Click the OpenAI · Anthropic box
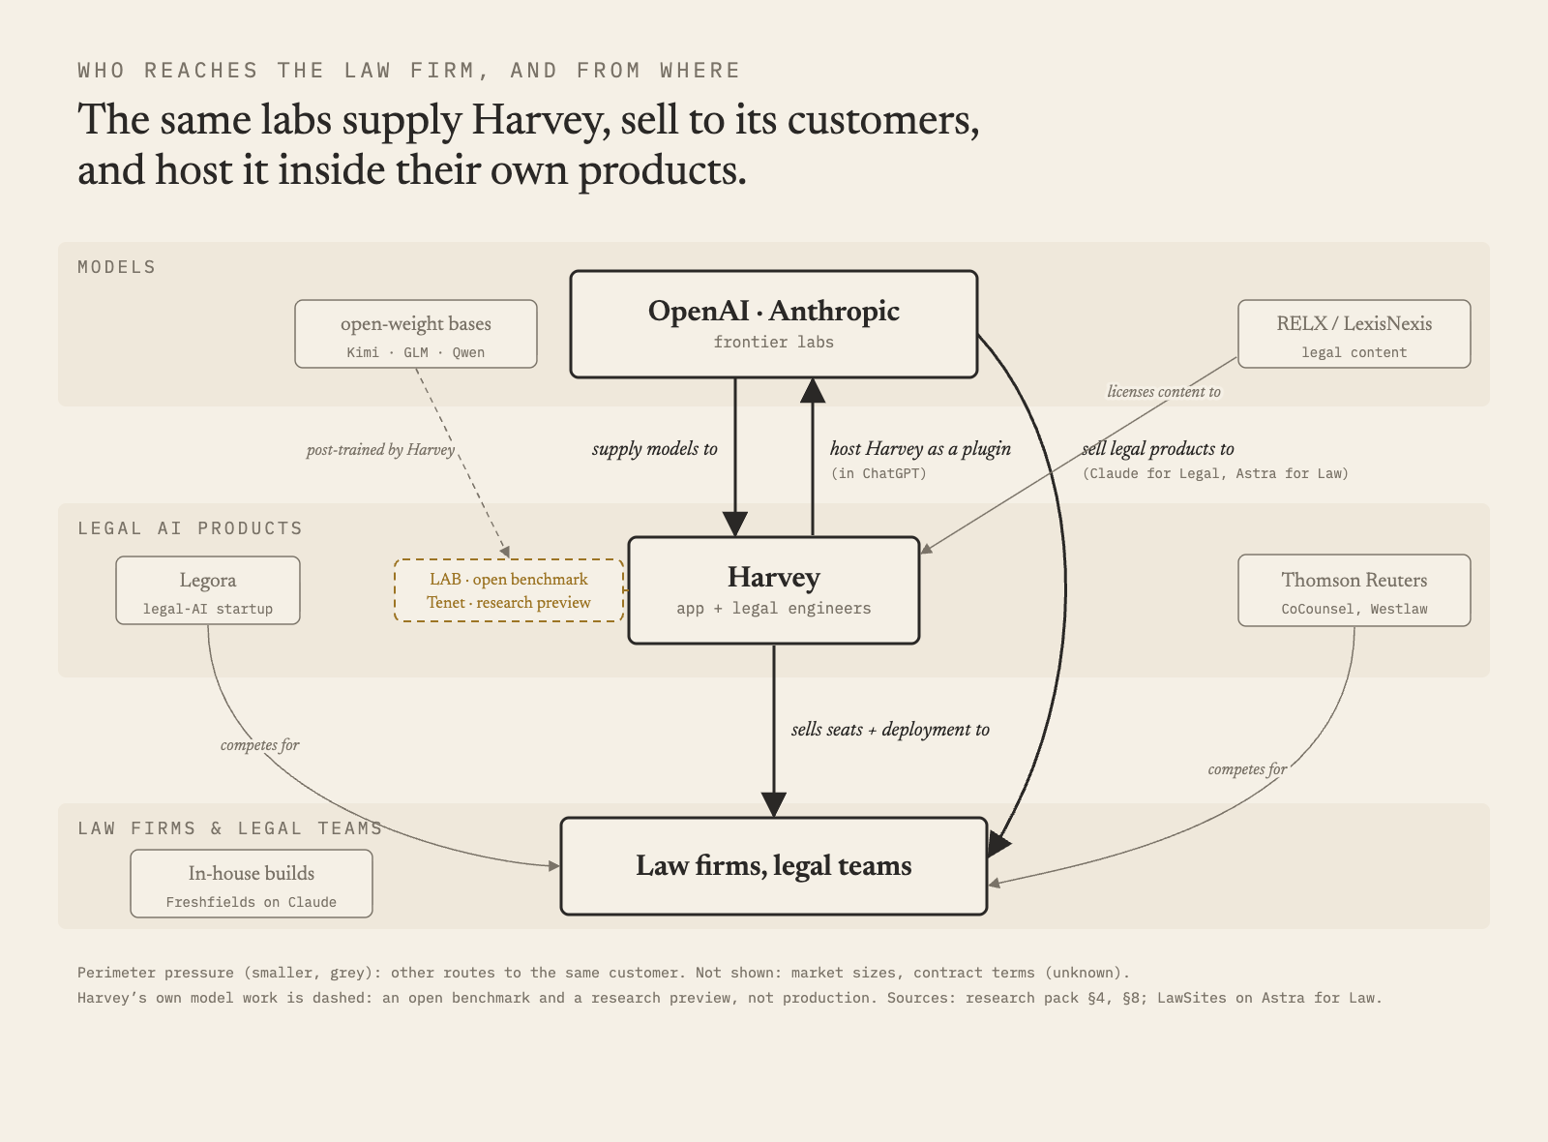click(x=773, y=324)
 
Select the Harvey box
click(x=773, y=590)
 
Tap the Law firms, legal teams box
click(x=773, y=866)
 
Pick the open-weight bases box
click(x=415, y=334)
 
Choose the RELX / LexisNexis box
click(x=1354, y=334)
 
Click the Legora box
click(x=208, y=590)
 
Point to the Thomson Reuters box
click(x=1354, y=590)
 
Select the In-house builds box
click(x=252, y=884)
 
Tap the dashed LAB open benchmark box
click(x=509, y=590)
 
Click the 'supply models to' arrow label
click(x=654, y=449)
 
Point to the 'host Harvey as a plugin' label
click(x=920, y=449)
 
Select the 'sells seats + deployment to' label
click(x=890, y=730)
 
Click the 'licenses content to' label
click(x=1164, y=392)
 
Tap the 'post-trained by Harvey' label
click(x=380, y=450)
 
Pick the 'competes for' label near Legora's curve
click(x=260, y=745)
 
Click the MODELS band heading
click(x=117, y=267)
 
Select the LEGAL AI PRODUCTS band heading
click(x=190, y=528)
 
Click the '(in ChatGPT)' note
click(x=878, y=473)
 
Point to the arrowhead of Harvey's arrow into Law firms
click(x=773, y=804)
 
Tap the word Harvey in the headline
click(x=540, y=120)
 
